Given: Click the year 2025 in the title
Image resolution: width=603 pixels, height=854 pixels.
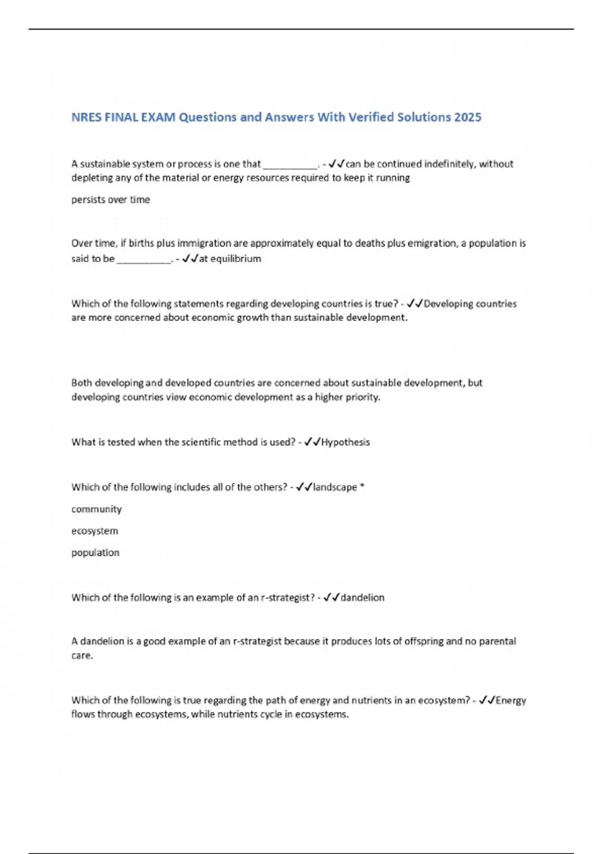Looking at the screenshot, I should pyautogui.click(x=467, y=117).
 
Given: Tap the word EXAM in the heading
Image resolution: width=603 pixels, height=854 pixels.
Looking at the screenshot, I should pyautogui.click(x=158, y=117).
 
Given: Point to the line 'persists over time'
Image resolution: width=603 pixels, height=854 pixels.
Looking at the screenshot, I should pyautogui.click(x=111, y=199).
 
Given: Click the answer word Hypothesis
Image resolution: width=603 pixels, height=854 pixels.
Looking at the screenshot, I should pyautogui.click(x=345, y=442).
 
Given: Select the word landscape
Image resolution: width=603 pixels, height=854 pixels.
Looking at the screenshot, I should pyautogui.click(x=335, y=487).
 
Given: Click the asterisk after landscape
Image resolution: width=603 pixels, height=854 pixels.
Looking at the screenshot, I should pyautogui.click(x=362, y=486).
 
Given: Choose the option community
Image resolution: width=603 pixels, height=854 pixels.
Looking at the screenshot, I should pyautogui.click(x=96, y=509).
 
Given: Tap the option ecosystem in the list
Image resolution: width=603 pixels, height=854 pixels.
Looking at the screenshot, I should pyautogui.click(x=94, y=531).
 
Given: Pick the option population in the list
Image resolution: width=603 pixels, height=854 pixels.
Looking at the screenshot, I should pyautogui.click(x=95, y=553).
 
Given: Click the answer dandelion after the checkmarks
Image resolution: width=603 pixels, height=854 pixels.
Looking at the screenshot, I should pyautogui.click(x=362, y=598).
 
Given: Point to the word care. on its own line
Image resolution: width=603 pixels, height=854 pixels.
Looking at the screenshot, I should pyautogui.click(x=82, y=656).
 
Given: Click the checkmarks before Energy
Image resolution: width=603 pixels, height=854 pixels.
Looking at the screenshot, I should pyautogui.click(x=487, y=700).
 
